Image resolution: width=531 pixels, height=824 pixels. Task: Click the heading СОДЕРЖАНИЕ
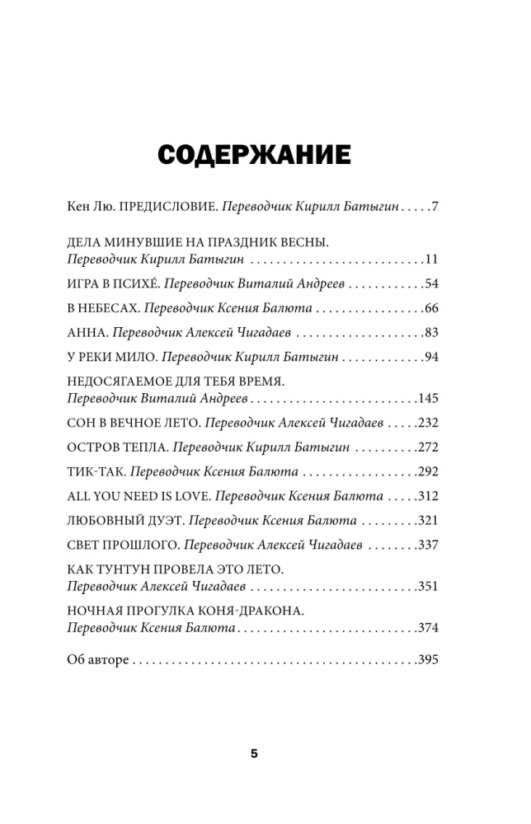(x=254, y=155)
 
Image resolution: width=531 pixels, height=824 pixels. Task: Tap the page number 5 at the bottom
(x=254, y=753)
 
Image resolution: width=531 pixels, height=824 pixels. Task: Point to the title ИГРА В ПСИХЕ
(x=110, y=283)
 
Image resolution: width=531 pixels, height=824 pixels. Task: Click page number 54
(x=430, y=283)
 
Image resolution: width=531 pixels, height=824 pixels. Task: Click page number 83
(x=430, y=333)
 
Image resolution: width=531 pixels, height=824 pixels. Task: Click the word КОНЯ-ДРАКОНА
(x=250, y=611)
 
